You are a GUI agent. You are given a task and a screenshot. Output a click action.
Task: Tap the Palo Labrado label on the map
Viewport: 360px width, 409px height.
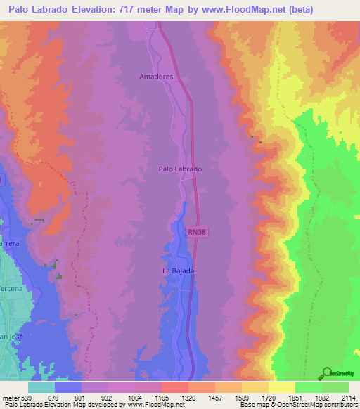(180, 169)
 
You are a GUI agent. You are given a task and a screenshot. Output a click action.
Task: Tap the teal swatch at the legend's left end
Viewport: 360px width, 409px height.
(41, 387)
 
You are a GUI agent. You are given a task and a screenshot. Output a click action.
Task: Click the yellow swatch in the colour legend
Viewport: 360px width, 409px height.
(281, 387)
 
